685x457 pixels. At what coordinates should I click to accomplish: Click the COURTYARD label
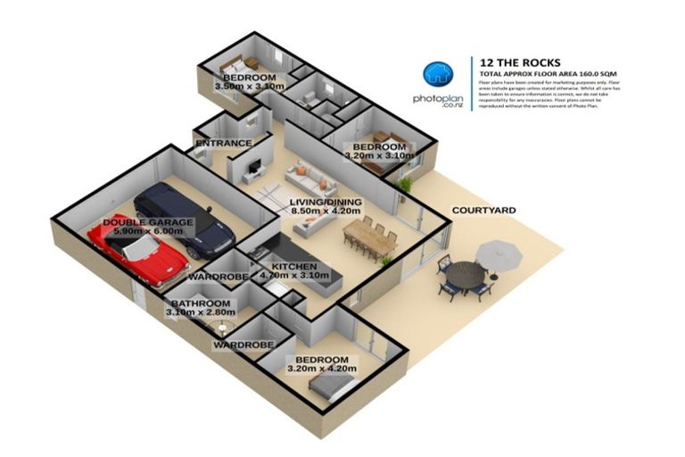[484, 210]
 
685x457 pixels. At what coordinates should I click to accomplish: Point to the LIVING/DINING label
[326, 203]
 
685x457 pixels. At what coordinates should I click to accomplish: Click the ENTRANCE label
[223, 143]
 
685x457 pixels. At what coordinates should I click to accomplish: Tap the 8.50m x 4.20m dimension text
[326, 213]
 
